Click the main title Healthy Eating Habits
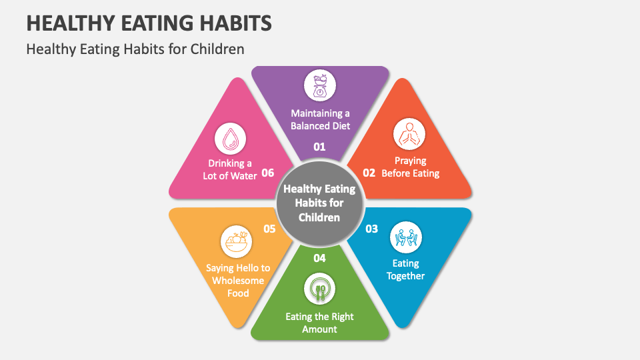(x=149, y=22)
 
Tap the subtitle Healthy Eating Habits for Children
(x=135, y=49)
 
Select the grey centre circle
(x=319, y=203)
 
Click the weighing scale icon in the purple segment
(x=320, y=85)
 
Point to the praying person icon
(x=409, y=134)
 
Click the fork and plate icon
(x=320, y=289)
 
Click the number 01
(x=320, y=147)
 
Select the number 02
(x=369, y=173)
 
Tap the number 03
(x=371, y=229)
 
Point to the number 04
(x=320, y=258)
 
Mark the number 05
(x=269, y=229)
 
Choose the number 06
(x=268, y=173)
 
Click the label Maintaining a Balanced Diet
(x=320, y=120)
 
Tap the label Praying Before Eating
(x=410, y=167)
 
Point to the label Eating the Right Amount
(x=319, y=323)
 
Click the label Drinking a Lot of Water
(x=230, y=169)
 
